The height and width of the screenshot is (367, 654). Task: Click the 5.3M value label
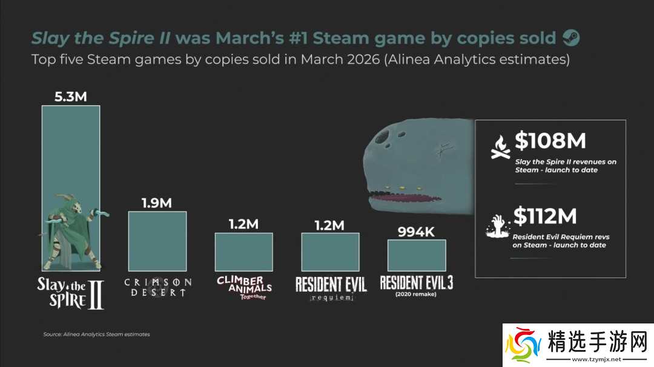(x=70, y=97)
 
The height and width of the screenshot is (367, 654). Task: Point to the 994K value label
(x=417, y=232)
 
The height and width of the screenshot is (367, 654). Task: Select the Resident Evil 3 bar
(x=417, y=255)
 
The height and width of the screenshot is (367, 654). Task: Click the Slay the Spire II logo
(x=70, y=293)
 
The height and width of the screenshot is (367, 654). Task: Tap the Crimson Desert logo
(x=157, y=287)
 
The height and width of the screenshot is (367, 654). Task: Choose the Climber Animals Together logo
(x=244, y=288)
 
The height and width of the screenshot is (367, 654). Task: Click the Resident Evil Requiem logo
(x=331, y=288)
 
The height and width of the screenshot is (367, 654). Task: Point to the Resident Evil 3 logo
(x=417, y=284)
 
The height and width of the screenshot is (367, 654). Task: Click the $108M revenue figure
(x=550, y=141)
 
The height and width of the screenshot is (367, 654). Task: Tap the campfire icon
(x=500, y=147)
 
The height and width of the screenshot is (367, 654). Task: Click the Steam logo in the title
(x=571, y=38)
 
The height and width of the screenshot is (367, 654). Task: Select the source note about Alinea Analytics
(x=96, y=334)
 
